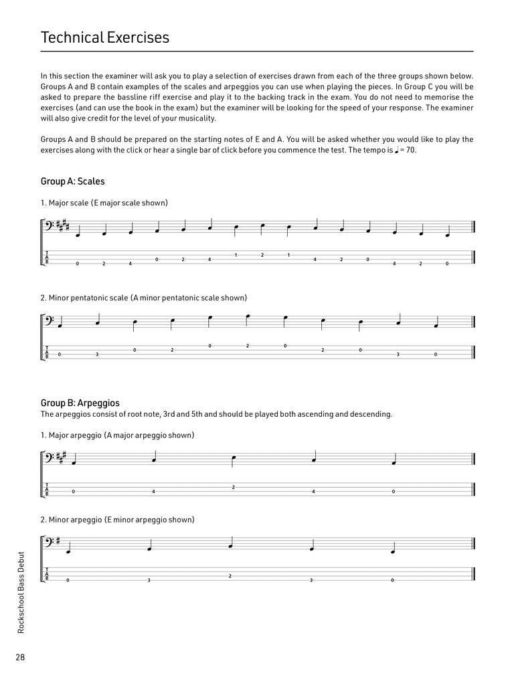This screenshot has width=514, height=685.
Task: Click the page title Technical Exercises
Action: click(105, 37)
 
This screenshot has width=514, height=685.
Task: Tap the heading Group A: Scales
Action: click(72, 181)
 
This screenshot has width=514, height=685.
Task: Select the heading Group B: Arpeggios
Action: click(80, 403)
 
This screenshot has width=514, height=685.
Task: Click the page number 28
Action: click(21, 657)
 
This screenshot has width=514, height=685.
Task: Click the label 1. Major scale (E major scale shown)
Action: click(104, 203)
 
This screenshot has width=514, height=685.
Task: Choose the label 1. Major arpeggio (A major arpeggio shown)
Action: click(117, 435)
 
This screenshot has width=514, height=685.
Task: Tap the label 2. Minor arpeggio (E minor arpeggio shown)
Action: click(117, 520)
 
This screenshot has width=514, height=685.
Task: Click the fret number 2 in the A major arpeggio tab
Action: click(233, 486)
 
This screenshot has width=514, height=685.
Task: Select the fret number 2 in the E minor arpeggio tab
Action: click(230, 575)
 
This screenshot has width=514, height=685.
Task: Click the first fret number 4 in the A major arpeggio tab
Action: click(153, 492)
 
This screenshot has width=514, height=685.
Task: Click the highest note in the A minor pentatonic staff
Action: click(248, 316)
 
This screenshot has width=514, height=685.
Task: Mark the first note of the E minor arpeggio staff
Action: click(68, 552)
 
